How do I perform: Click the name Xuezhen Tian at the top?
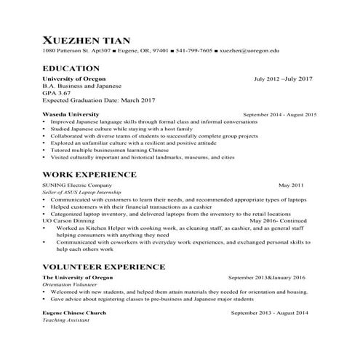point(91,39)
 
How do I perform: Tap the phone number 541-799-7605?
point(194,52)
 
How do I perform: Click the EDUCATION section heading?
point(74,67)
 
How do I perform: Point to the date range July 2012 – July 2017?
point(283,79)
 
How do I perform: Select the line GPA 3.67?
point(57,93)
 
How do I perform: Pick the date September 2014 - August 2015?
point(280,115)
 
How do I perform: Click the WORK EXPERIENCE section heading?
point(89,175)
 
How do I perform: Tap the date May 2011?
point(291,185)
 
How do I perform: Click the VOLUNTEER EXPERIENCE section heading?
point(109,267)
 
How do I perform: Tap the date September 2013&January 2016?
point(267,278)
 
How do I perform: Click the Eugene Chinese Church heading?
point(75,313)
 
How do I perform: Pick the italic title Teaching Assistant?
point(64,320)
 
